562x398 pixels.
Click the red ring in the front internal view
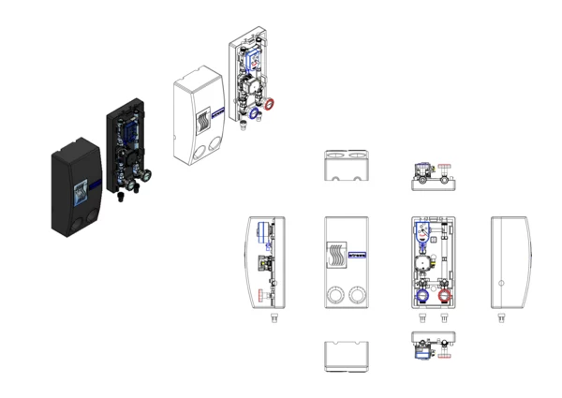point(445,297)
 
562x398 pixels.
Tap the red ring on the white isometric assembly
point(272,103)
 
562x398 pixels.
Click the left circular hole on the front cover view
point(335,297)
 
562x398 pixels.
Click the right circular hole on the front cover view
point(357,297)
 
